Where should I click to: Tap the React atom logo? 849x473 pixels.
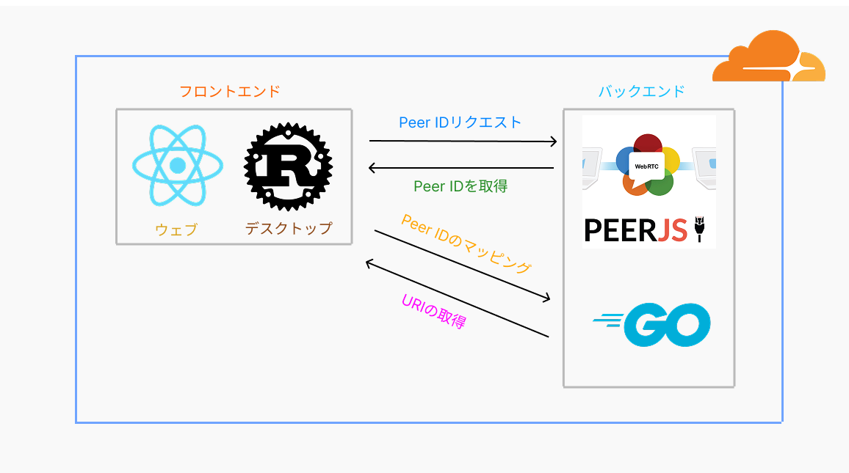[x=177, y=166]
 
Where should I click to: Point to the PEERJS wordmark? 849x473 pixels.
[x=636, y=230]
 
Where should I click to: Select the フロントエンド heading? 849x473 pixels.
[x=230, y=92]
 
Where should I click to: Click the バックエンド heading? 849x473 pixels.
[x=642, y=92]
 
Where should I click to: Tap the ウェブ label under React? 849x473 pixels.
[x=176, y=230]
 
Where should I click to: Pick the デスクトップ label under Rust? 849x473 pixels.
[x=288, y=229]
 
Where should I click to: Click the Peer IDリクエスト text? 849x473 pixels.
[x=460, y=122]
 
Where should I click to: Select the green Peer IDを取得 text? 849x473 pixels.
[x=460, y=186]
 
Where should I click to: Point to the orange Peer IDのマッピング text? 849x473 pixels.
[x=466, y=244]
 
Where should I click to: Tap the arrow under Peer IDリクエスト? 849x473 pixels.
[x=463, y=141]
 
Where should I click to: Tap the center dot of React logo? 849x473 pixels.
[x=177, y=166]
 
